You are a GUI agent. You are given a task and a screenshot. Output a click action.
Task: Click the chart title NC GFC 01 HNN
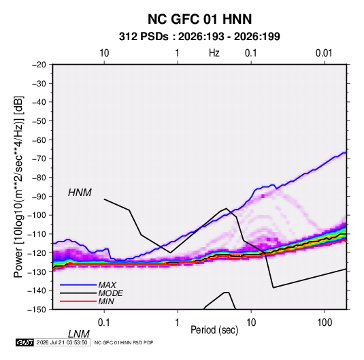199,19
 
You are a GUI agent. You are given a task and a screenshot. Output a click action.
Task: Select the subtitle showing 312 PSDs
199,37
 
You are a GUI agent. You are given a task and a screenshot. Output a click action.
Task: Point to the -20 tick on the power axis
39,65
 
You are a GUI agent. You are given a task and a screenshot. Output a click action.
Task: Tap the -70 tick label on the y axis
39,159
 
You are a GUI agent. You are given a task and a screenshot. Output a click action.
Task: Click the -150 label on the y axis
37,310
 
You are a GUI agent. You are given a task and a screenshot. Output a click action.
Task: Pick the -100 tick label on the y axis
37,215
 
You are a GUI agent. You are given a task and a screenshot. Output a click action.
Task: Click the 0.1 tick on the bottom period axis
104,323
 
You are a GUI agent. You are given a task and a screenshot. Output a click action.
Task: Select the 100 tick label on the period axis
325,323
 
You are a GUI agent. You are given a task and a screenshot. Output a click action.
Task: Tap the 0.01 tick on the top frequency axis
324,53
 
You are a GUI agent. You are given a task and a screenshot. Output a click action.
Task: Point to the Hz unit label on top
214,53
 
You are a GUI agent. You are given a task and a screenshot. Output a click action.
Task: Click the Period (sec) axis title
214,330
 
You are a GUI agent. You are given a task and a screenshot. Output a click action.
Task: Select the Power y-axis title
18,187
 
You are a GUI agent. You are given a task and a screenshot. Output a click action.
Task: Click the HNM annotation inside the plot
80,193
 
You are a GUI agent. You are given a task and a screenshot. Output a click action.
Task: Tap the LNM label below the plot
78,334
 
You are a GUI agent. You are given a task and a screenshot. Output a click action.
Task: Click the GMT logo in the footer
24,342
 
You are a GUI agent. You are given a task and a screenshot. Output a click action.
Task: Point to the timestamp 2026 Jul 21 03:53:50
62,342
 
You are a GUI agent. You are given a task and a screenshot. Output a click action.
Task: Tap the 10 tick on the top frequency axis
104,53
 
